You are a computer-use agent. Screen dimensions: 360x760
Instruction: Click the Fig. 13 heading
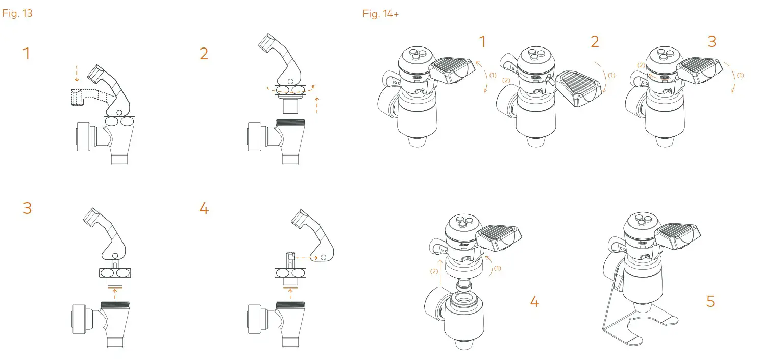17,14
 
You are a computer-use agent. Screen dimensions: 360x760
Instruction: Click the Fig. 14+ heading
381,14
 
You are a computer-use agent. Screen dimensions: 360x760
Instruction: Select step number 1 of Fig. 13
26,54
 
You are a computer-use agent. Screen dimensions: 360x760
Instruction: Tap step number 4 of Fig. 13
204,209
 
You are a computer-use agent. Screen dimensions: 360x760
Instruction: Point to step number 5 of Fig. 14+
710,302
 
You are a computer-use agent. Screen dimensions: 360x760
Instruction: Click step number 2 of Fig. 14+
595,42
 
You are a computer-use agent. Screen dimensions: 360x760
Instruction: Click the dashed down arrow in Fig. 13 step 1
76,73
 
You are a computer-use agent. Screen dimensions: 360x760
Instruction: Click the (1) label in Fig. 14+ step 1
493,75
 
